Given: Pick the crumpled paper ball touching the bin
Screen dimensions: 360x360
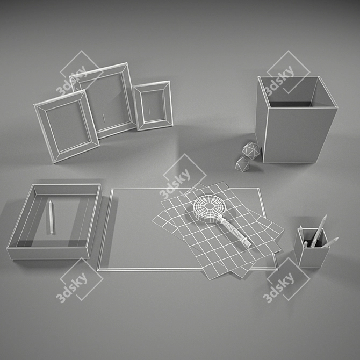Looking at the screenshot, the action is pos(251,150).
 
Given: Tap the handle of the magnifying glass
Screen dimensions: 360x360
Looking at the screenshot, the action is pos(234,232).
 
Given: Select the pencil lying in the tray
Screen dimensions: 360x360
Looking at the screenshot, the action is pos(51,217).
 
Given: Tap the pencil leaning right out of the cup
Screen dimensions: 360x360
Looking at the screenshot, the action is pos(330,242).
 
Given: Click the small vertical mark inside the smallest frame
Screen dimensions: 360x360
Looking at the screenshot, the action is pos(149,111).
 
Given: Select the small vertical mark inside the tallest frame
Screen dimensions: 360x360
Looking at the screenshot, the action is pos(104,118).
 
